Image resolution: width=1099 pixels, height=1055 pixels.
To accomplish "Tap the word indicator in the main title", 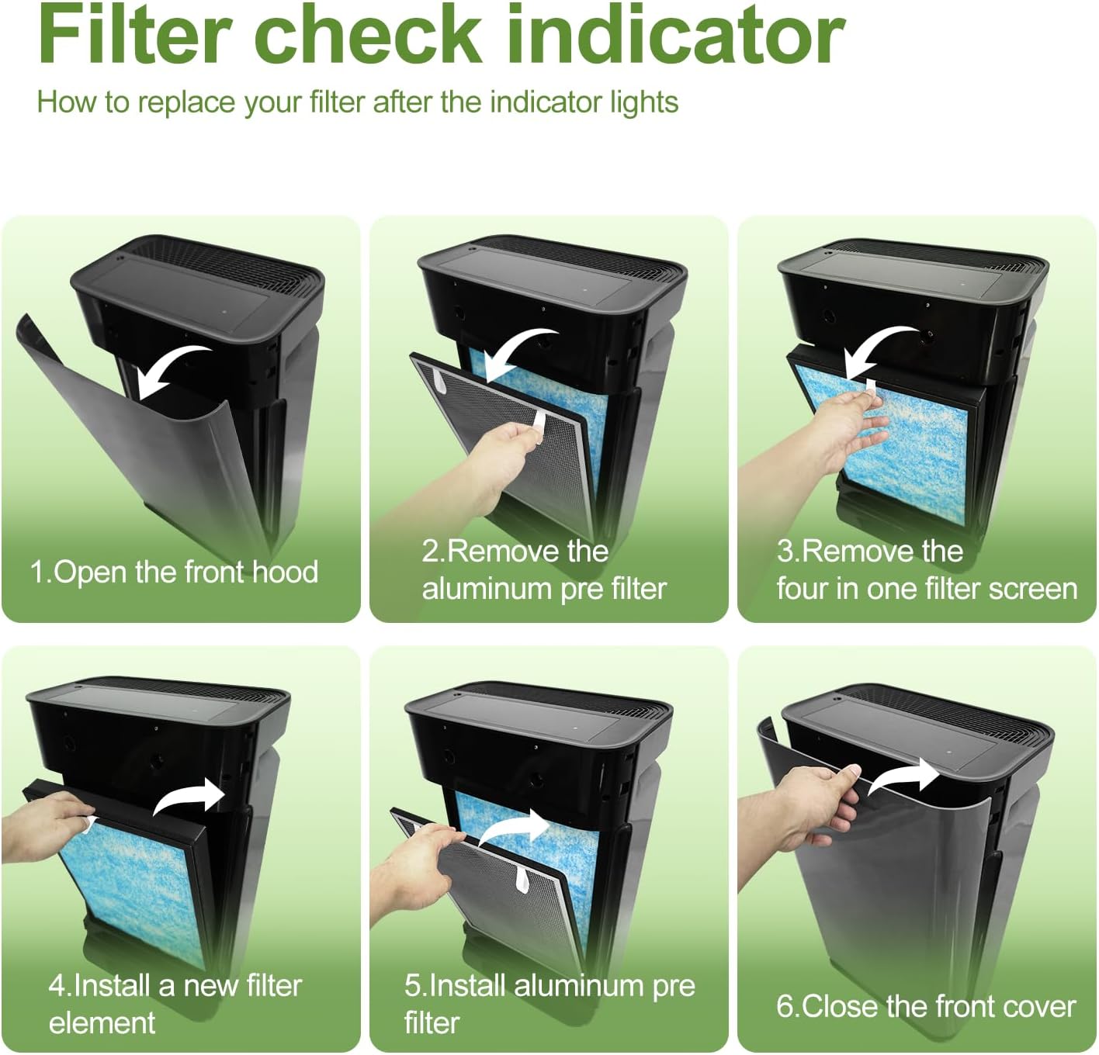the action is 676,34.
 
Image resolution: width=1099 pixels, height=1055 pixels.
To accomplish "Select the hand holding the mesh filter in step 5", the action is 418,863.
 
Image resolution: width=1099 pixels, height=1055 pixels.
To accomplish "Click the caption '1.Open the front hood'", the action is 174,572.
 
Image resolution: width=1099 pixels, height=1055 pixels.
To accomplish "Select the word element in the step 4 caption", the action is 102,1023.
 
